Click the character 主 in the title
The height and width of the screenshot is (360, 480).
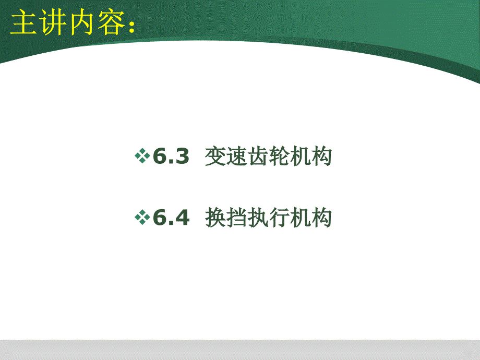(x=23, y=22)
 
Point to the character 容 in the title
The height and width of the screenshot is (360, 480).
(x=111, y=22)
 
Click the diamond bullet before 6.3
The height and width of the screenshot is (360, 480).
(x=142, y=156)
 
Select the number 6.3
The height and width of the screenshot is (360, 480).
(x=171, y=156)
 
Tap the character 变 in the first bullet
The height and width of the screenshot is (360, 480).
(x=215, y=156)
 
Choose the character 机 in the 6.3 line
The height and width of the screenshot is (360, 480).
(x=301, y=156)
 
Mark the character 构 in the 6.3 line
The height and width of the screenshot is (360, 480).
(x=321, y=156)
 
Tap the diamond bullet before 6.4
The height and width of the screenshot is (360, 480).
(x=142, y=217)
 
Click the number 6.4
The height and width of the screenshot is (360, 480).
(x=171, y=217)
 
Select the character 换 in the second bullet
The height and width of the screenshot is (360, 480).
(x=215, y=218)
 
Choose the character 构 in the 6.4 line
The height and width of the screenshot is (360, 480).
(x=321, y=218)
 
